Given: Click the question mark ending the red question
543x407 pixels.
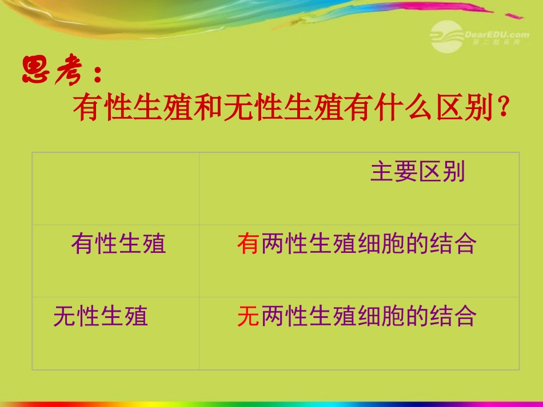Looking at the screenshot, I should point(504,107).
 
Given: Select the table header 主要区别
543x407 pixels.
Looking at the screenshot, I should point(418,172).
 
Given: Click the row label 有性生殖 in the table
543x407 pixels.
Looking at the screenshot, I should point(118,244).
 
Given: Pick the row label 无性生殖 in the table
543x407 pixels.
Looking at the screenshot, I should point(101,316).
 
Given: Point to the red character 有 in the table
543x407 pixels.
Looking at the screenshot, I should point(248,244).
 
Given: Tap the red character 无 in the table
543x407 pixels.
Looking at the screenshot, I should point(248,316).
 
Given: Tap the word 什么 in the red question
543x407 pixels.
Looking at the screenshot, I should point(405,108).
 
